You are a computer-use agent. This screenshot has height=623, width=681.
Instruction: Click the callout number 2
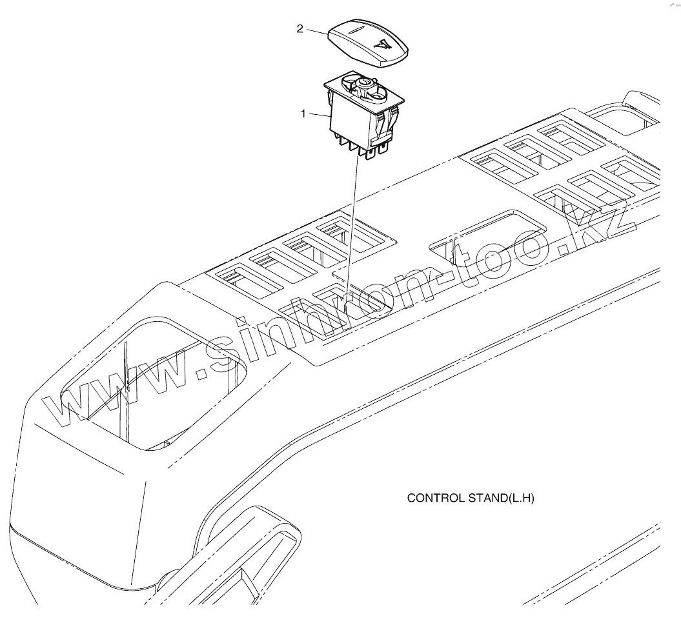[x=300, y=30]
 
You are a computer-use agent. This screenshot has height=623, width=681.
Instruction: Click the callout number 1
[x=303, y=114]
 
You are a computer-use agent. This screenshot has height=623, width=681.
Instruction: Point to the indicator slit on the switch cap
[x=355, y=29]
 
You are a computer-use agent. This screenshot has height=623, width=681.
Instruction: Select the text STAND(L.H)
[x=507, y=499]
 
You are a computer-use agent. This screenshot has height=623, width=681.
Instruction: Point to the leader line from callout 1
[x=318, y=115]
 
